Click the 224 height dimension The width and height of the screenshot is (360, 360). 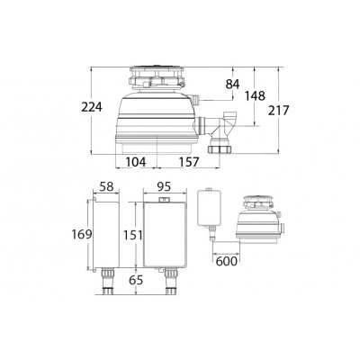92,107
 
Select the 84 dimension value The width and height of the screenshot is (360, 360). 232,85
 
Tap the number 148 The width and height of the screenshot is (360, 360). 255,96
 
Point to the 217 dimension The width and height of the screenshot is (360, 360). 278,111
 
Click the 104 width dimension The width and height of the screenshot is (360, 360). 136,162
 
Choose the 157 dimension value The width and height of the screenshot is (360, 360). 189,162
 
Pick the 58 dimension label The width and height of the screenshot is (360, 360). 107,186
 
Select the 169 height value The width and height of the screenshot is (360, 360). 82,234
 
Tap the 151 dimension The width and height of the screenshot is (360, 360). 133,235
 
